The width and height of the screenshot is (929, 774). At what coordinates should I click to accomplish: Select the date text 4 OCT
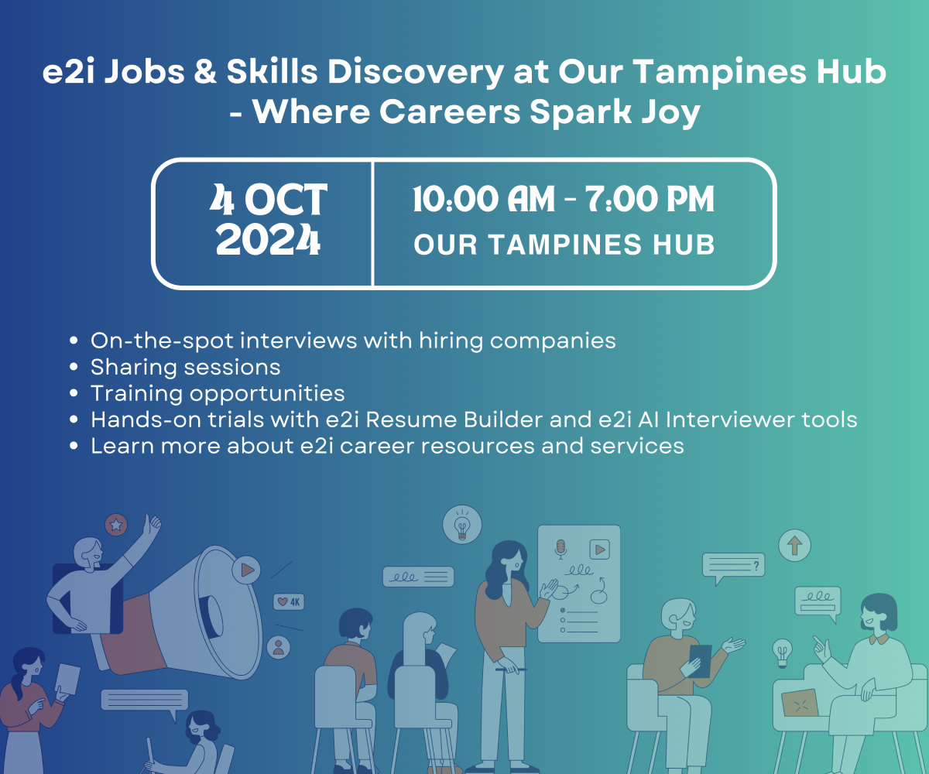[x=268, y=200]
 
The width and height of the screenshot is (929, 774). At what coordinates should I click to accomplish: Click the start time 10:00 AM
[x=484, y=200]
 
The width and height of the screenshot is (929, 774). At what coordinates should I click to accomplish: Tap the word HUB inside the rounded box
[x=683, y=245]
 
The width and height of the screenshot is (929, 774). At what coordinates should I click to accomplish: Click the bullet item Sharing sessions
[x=185, y=366]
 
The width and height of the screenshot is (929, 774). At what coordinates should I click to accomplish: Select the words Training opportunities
[x=218, y=392]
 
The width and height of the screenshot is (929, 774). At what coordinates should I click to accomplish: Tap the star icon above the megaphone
[x=116, y=526]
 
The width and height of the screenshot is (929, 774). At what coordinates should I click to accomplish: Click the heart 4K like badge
[x=289, y=601]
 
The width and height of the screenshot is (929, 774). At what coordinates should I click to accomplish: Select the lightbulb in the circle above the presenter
[x=462, y=525]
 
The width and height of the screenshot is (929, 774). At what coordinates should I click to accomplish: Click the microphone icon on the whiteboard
[x=561, y=549]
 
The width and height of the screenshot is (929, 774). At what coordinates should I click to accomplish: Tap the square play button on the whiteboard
[x=599, y=550]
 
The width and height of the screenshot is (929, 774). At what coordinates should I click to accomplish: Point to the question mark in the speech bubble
[x=756, y=567]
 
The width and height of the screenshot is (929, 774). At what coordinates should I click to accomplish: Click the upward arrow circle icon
[x=794, y=545]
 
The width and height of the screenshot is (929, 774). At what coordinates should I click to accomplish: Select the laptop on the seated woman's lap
[x=800, y=703]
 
